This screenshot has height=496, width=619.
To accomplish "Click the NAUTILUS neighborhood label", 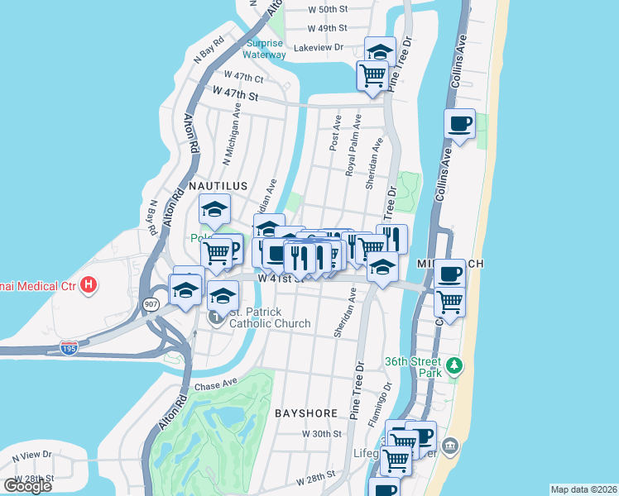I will click(x=218, y=186).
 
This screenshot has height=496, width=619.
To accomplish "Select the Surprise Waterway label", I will click(x=265, y=49).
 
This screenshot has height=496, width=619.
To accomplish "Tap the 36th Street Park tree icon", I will click(x=453, y=365).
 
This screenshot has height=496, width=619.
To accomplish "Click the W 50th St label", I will click(x=327, y=9).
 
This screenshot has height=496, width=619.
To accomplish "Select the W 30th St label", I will click(x=321, y=433).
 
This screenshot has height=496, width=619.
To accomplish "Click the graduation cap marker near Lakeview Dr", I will click(x=380, y=50).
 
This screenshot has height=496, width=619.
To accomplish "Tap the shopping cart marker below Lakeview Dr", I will click(x=372, y=74).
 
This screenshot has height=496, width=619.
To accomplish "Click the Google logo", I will click(x=27, y=485).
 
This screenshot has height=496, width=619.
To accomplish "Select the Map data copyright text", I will click(x=583, y=489).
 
